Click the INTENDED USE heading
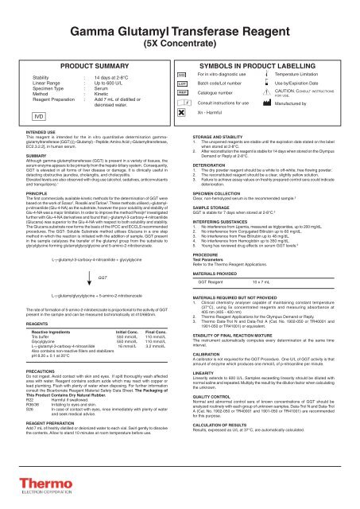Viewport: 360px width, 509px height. click(x=22, y=122)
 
